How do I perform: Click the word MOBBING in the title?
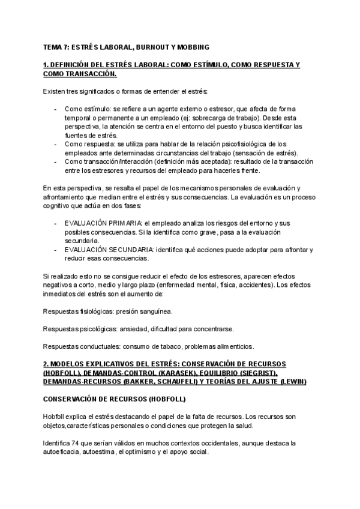(x=193, y=47)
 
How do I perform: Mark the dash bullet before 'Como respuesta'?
(x=55, y=145)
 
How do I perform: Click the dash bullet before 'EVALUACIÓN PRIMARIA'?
(x=55, y=223)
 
